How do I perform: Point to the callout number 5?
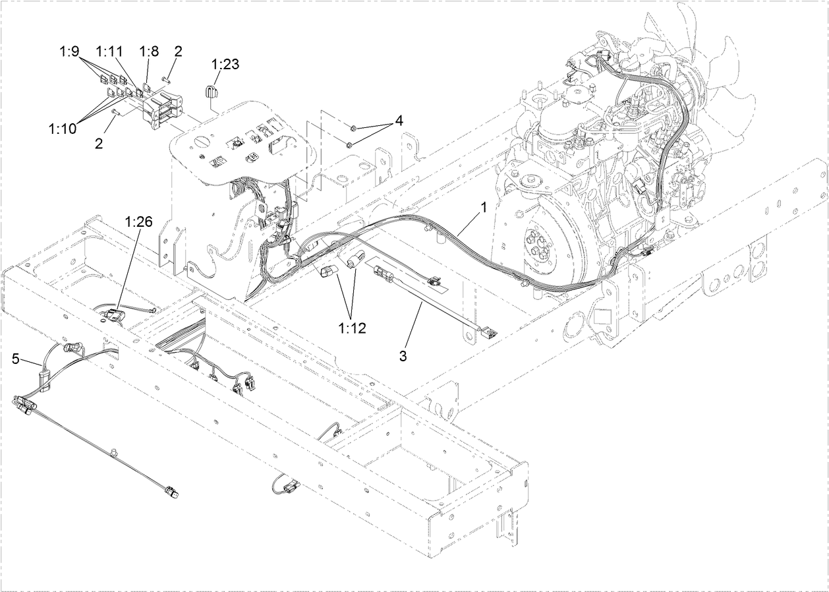(16, 359)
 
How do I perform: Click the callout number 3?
(403, 357)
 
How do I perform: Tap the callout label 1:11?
(109, 50)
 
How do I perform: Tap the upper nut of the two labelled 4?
(354, 127)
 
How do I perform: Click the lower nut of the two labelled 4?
(350, 144)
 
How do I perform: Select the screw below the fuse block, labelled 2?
(116, 113)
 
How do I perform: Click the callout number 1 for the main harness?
(484, 207)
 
